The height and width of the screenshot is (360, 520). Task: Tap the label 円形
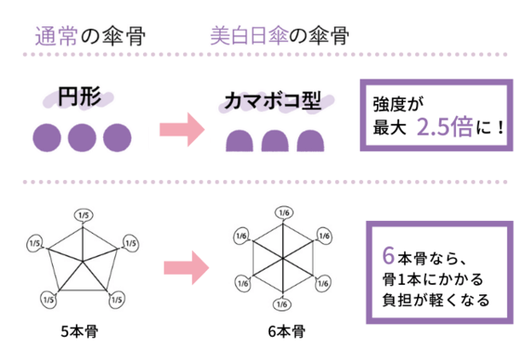pyautogui.click(x=80, y=98)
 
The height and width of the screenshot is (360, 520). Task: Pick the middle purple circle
pyautogui.click(x=81, y=135)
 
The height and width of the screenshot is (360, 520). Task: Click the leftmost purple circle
pyautogui.click(x=47, y=135)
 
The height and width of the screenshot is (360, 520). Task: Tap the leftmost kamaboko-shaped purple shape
pyautogui.click(x=242, y=140)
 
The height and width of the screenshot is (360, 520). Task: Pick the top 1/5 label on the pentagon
pyautogui.click(x=83, y=214)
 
